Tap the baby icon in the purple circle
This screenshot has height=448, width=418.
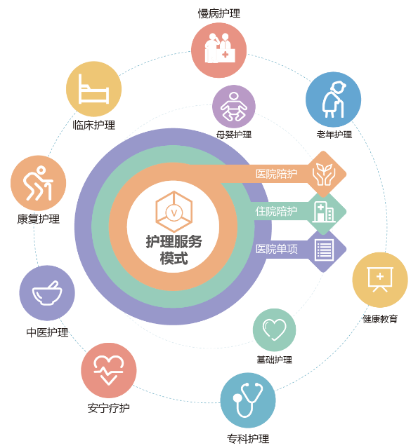coord(234,107)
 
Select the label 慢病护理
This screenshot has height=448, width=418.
coord(219,13)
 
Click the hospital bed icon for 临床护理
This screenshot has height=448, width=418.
coord(93,89)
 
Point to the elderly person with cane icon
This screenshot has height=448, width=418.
coord(334,100)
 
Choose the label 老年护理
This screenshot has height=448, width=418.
coord(334,135)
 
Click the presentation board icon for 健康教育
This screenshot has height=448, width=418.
coord(380,279)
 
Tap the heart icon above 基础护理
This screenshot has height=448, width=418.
coord(274,330)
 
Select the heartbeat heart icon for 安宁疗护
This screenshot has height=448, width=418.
coord(108,370)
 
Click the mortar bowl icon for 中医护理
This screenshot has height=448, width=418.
coord(47,293)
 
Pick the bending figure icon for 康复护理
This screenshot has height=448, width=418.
coord(39,183)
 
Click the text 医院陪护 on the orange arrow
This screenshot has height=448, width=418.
coord(276,174)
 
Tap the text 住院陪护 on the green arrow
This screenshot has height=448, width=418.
coord(276,212)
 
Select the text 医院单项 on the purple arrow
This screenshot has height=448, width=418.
coord(277,249)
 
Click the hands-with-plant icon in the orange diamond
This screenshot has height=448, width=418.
coord(324,174)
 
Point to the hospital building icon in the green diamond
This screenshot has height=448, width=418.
coord(324,212)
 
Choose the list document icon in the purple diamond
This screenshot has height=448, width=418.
coord(324,250)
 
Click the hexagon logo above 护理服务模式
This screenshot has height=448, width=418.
coord(174,212)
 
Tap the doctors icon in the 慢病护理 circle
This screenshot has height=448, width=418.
coord(220,48)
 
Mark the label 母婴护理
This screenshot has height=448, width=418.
coord(234,135)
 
